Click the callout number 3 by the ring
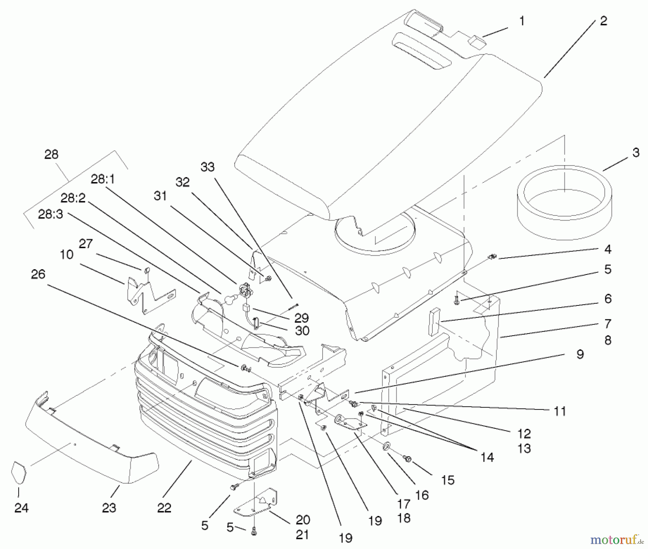[636, 153]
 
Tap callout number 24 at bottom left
[21, 508]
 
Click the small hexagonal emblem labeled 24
[19, 472]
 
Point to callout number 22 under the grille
[164, 508]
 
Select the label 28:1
[103, 179]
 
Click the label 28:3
[50, 214]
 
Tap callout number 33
[207, 167]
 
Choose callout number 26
[38, 274]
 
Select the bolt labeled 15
[408, 459]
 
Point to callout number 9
[580, 354]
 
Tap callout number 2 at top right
[603, 21]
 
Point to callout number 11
[560, 411]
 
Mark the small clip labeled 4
[492, 257]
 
